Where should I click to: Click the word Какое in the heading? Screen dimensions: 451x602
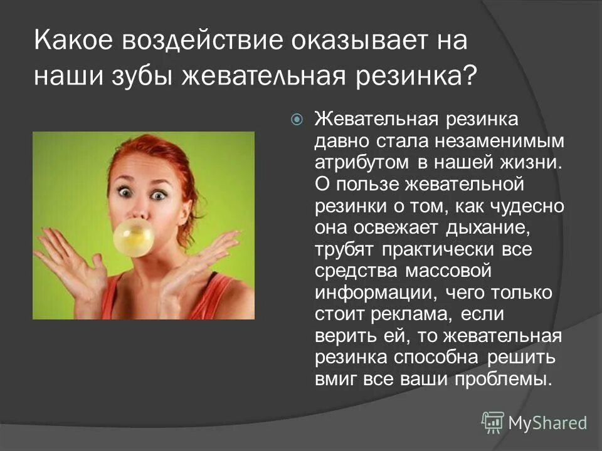[x=73, y=42]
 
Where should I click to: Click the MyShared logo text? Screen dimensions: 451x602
[x=547, y=423]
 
